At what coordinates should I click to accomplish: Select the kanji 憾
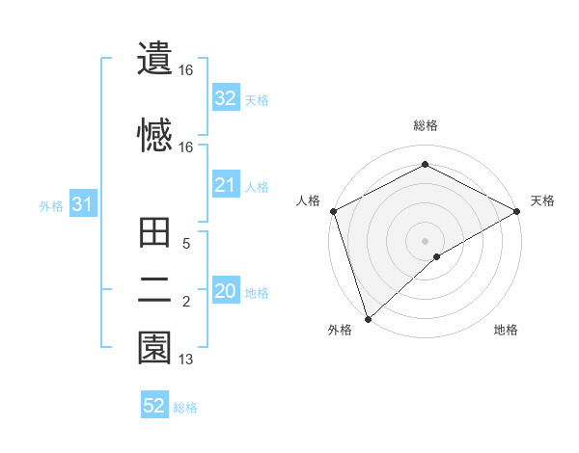tap(154, 134)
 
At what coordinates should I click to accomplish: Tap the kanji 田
tap(154, 233)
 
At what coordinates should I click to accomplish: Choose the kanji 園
tap(154, 347)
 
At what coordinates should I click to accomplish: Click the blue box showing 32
tap(225, 98)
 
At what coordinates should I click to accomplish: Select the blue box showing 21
tap(225, 185)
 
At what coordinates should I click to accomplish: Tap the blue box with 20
tap(225, 291)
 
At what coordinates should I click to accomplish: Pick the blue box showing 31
tap(82, 204)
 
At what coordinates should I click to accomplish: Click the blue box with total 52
tap(154, 406)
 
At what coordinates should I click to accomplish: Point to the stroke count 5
tap(186, 245)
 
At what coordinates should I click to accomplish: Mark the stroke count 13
tap(186, 360)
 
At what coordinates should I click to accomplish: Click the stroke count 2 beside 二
tap(186, 303)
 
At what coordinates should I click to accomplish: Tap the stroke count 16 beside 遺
tap(186, 70)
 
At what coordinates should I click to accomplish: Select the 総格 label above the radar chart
tap(425, 125)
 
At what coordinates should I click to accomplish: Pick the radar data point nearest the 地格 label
tap(437, 256)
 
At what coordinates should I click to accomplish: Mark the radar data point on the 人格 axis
tap(333, 211)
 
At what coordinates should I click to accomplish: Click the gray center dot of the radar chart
tap(425, 240)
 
